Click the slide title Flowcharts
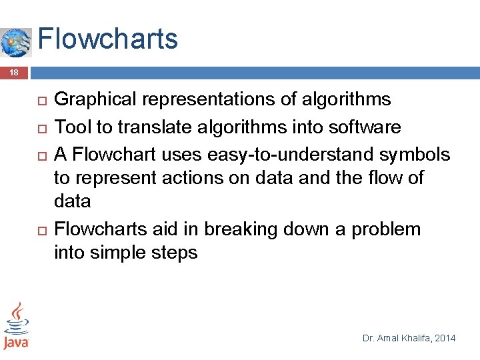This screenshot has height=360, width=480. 108,39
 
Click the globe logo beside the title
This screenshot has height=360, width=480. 16,43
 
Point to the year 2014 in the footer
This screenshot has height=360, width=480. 445,339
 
